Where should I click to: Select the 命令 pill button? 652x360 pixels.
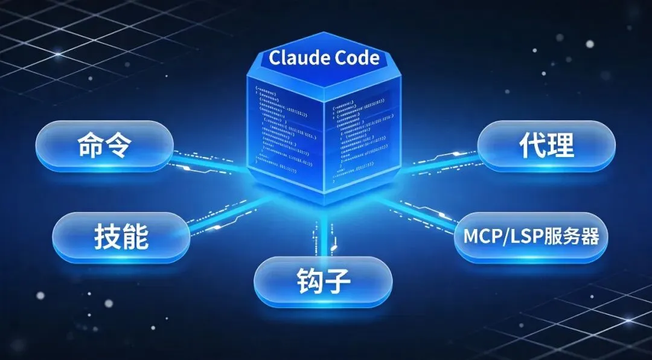pyautogui.click(x=104, y=146)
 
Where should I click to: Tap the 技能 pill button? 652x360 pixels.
pyautogui.click(x=121, y=237)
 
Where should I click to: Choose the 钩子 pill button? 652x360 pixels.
pyautogui.click(x=323, y=282)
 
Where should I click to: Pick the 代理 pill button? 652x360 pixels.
pyautogui.click(x=546, y=146)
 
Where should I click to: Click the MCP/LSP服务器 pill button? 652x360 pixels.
pyautogui.click(x=531, y=236)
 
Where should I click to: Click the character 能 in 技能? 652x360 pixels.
pyautogui.click(x=137, y=237)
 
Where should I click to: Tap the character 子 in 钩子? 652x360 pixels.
pyautogui.click(x=339, y=282)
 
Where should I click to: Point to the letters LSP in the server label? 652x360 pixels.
pyautogui.click(x=525, y=237)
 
